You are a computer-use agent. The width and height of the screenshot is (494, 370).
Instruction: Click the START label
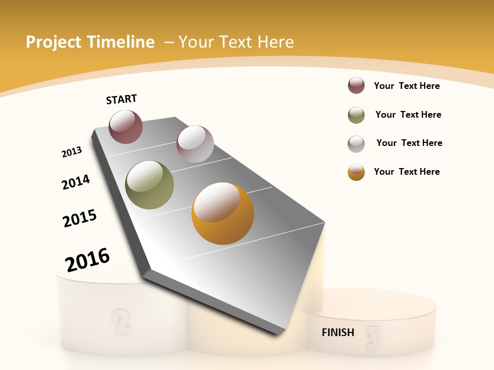pyautogui.click(x=121, y=99)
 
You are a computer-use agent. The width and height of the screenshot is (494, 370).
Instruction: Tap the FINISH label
pyautogui.click(x=338, y=332)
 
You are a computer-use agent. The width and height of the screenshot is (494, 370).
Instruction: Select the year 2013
pyautogui.click(x=72, y=152)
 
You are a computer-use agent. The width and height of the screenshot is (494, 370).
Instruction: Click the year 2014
pyautogui.click(x=76, y=182)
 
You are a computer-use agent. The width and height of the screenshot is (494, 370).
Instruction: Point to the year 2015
pyautogui.click(x=80, y=218)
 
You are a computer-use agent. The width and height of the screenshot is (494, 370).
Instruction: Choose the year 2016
pyautogui.click(x=87, y=260)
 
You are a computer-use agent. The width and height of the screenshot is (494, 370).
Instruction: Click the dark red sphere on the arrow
pyautogui.click(x=126, y=126)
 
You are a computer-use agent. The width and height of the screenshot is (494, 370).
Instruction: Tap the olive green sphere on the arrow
pyautogui.click(x=150, y=185)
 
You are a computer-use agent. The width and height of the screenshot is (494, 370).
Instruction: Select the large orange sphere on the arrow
pyautogui.click(x=223, y=213)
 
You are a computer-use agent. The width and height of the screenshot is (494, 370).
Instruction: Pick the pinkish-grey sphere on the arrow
pyautogui.click(x=195, y=144)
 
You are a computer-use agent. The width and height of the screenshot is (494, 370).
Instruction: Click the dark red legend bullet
pyautogui.click(x=356, y=86)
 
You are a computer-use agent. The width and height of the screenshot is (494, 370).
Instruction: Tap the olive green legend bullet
pyautogui.click(x=356, y=115)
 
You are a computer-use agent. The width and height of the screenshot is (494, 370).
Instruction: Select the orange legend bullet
pyautogui.click(x=356, y=172)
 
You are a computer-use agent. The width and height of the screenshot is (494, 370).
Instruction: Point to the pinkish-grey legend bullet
pyautogui.click(x=356, y=144)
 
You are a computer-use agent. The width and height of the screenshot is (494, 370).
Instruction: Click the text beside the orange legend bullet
pyautogui.click(x=407, y=172)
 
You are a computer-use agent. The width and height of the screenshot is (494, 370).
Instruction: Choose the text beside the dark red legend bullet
pyautogui.click(x=407, y=86)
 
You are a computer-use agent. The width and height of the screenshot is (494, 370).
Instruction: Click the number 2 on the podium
pyautogui.click(x=121, y=321)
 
